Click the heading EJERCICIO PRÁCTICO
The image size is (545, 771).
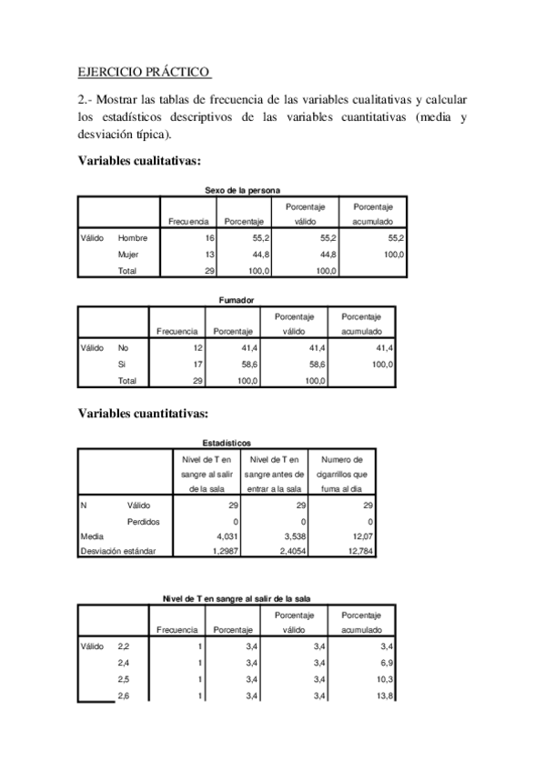[x=144, y=71]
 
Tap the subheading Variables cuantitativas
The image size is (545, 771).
[x=143, y=414]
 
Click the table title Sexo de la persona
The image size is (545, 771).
[x=242, y=189]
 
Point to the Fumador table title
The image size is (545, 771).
[x=236, y=299]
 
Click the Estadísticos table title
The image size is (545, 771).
[x=225, y=442]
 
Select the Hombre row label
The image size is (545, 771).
[x=133, y=238]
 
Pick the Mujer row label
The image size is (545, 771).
[x=128, y=255]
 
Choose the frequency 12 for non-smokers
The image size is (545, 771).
[x=197, y=347]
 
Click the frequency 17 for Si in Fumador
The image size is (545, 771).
[x=197, y=364]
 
